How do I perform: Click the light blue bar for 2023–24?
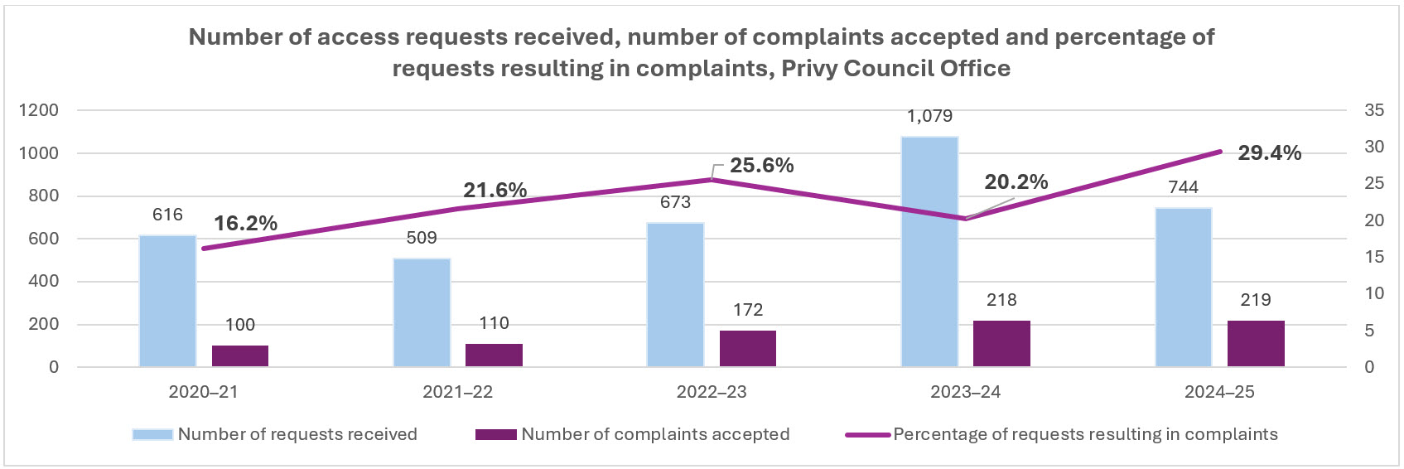[x=929, y=252]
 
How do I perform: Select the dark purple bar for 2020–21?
[x=240, y=355]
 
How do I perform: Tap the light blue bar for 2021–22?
[x=422, y=312]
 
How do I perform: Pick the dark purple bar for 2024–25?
[x=1256, y=343]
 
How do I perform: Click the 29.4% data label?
[x=1269, y=153]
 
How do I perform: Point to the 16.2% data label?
[x=245, y=224]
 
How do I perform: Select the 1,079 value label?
[x=929, y=117]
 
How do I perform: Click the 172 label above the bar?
[x=748, y=310]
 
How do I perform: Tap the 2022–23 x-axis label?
[x=712, y=392]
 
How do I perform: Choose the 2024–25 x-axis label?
[x=1219, y=392]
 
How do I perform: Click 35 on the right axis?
[x=1374, y=110]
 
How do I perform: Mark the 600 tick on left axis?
[x=46, y=239]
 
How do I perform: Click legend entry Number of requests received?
[x=297, y=434]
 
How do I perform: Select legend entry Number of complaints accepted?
[x=654, y=434]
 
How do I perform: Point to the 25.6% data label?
[x=761, y=166]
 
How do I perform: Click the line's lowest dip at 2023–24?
[x=966, y=219]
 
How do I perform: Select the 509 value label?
[x=422, y=239]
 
